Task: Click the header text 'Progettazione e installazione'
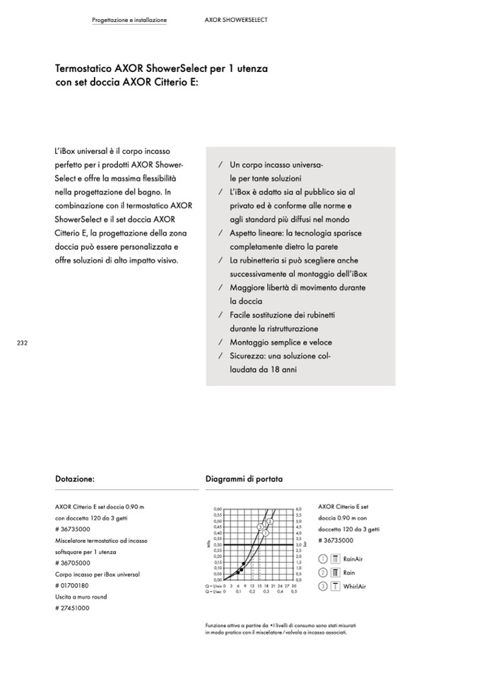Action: [129, 20]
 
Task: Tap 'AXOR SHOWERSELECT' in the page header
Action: [235, 20]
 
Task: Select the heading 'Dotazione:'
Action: [75, 479]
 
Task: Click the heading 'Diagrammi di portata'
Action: [244, 479]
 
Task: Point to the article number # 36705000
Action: [72, 563]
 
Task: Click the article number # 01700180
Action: [72, 585]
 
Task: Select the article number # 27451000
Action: [72, 608]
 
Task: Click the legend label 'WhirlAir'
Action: [355, 586]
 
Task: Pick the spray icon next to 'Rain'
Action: [336, 573]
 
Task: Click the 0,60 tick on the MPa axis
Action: [218, 508]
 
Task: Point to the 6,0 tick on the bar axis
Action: [299, 508]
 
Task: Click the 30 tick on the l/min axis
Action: [294, 586]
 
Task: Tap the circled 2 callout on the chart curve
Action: [269, 521]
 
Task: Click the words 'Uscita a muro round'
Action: [81, 597]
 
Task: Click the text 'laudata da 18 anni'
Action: [263, 369]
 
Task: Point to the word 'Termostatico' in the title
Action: [83, 69]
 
